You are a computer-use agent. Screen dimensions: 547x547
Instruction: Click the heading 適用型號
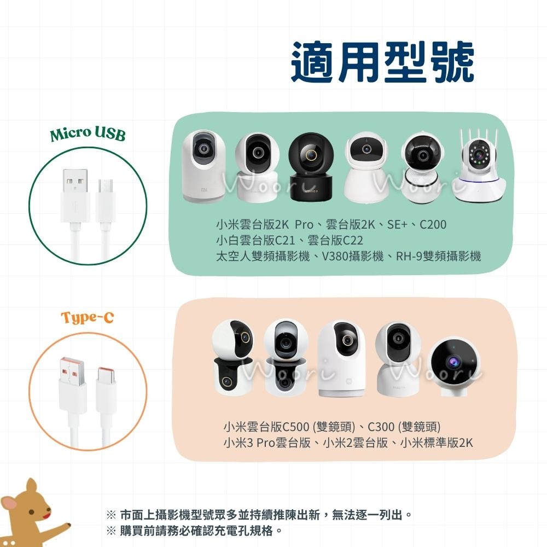382,63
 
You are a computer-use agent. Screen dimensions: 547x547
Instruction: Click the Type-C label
88,317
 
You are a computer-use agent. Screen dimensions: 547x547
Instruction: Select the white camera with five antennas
479,165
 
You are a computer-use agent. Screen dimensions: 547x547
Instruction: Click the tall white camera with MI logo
204,166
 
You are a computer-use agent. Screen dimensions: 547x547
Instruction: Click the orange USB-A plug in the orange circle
73,371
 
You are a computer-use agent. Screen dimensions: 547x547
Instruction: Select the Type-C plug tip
107,375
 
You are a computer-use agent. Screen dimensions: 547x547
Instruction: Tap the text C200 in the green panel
433,224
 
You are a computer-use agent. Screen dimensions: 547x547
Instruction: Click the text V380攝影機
352,257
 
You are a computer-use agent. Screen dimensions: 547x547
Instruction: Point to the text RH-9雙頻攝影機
439,257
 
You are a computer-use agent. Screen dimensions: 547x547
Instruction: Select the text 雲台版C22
335,240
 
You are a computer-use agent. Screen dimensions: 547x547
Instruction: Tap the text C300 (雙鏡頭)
404,427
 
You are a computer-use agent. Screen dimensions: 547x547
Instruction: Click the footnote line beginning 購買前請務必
195,531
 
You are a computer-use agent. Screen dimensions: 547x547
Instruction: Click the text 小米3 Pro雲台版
267,443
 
